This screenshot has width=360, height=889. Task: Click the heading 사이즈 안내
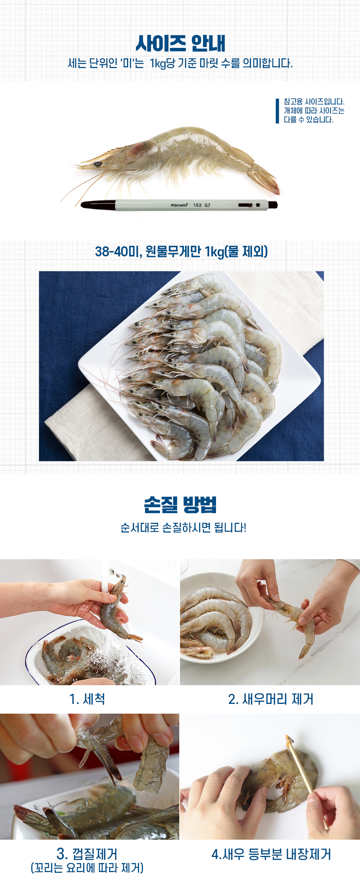(x=180, y=44)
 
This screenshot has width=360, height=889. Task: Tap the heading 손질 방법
(x=180, y=504)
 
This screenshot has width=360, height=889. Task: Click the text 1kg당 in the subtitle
(x=162, y=63)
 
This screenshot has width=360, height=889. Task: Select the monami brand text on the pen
(x=179, y=205)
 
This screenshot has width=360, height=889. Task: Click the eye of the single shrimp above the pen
(x=98, y=164)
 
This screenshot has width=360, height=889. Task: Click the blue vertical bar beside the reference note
(x=277, y=111)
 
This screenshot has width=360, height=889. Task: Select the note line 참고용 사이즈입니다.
(x=314, y=102)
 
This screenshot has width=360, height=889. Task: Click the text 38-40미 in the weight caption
(x=118, y=251)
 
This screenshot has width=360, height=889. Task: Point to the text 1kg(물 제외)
(x=236, y=251)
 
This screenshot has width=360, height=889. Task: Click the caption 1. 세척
(x=87, y=699)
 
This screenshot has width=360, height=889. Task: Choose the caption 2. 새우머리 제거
(x=271, y=699)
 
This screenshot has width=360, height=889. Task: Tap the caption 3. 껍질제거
(x=87, y=854)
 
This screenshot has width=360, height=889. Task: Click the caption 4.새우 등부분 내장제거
(x=271, y=854)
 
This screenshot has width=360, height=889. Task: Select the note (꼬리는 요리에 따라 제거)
(x=87, y=868)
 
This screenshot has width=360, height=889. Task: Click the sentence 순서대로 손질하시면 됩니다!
(x=183, y=528)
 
